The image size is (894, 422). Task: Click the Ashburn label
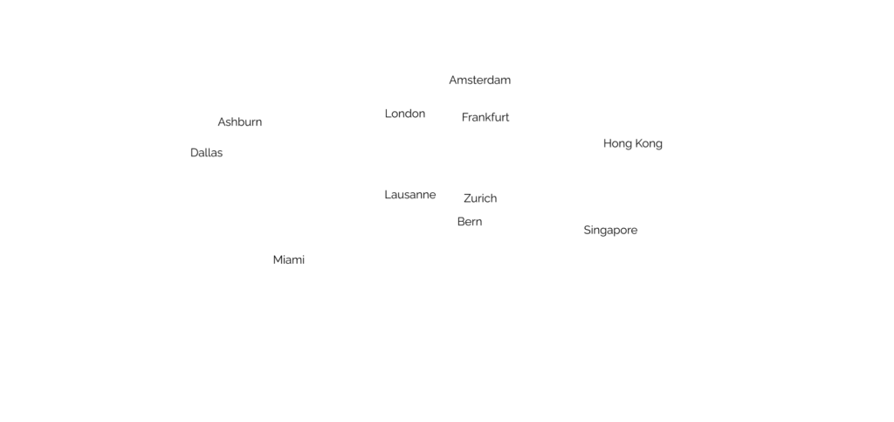(239, 122)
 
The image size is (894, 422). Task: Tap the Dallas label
(207, 153)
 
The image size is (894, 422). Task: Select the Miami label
(288, 259)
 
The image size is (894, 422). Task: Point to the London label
(405, 114)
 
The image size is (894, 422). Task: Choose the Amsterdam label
(479, 80)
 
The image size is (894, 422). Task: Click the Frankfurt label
(485, 117)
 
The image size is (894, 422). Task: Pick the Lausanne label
(409, 195)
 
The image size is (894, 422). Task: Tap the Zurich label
(480, 198)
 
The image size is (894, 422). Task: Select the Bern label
(470, 222)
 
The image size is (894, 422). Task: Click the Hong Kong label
(633, 143)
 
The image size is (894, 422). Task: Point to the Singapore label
(610, 230)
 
